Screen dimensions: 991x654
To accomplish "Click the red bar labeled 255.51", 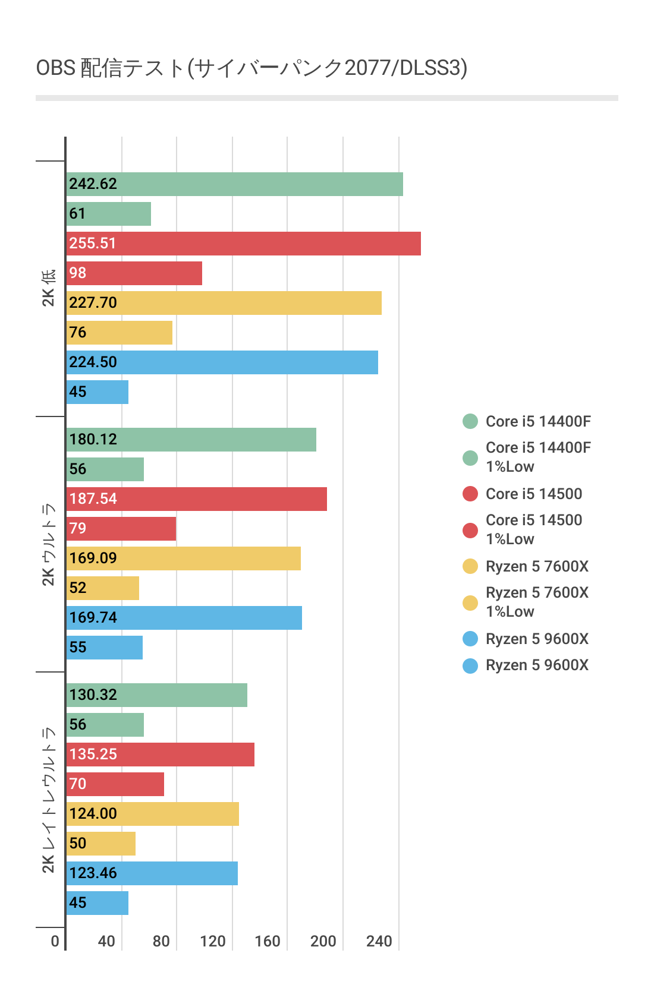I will point(244,244).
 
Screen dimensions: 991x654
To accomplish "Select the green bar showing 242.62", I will point(235,184).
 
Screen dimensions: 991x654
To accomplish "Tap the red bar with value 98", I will point(134,273).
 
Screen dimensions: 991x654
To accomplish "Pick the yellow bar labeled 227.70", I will point(224,303).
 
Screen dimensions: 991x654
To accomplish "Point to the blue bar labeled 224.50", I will point(222,362).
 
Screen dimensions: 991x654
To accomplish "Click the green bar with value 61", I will point(109,214).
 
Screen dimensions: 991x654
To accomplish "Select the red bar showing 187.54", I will point(197,499).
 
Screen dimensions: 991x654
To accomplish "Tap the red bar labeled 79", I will point(121,529).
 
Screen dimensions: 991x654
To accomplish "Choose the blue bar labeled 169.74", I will point(184,618).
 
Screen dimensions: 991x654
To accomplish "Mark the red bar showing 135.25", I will point(161,755).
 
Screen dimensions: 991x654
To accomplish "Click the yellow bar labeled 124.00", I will point(153,814).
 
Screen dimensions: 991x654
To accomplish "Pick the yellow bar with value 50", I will point(101,844).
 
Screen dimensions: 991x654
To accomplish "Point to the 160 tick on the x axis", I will point(268,941).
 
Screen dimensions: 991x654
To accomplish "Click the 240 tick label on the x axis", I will point(379,941).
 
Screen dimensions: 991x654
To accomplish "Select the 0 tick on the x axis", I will point(55,941).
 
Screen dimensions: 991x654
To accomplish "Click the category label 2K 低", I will point(48,288).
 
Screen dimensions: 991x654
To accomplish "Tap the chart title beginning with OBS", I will point(251,68).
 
